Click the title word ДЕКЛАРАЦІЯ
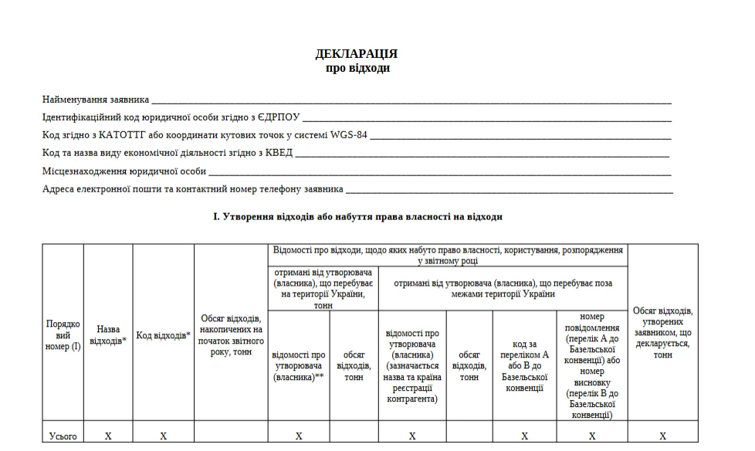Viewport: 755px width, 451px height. click(357, 54)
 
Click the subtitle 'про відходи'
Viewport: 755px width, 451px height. click(357, 68)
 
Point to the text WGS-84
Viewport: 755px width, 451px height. click(349, 135)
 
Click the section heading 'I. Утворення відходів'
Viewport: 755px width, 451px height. click(357, 217)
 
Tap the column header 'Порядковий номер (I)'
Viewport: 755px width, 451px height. click(63, 336)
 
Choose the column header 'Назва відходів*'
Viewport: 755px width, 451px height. click(108, 335)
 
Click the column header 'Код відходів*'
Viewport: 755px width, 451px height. click(163, 335)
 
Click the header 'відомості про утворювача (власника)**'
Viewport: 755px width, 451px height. click(298, 366)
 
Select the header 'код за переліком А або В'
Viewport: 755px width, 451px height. click(524, 366)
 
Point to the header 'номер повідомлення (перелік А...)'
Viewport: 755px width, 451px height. click(592, 365)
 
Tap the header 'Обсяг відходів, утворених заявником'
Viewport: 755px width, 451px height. click(662, 333)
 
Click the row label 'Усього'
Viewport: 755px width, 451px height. click(63, 436)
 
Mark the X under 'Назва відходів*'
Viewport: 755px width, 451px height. click(108, 436)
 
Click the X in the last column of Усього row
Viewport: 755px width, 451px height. click(662, 436)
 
